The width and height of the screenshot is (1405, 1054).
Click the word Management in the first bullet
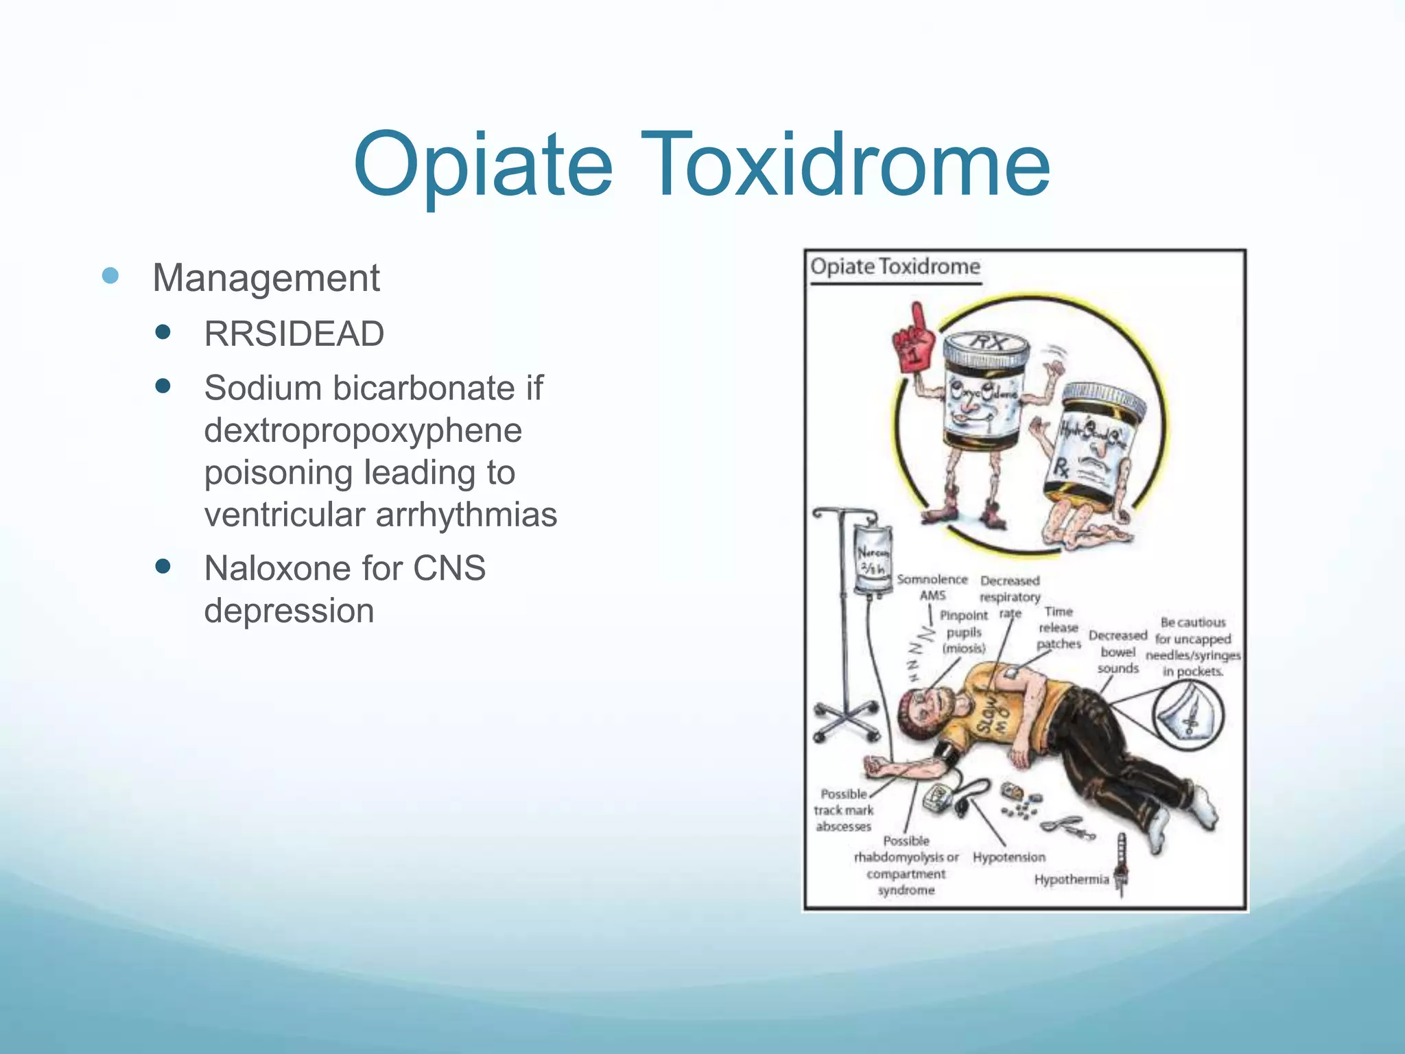[265, 278]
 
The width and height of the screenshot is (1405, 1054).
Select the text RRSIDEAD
[294, 334]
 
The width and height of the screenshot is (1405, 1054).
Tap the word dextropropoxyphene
[363, 430]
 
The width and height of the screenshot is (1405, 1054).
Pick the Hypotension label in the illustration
[1008, 857]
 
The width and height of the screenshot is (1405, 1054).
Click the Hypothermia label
[1071, 879]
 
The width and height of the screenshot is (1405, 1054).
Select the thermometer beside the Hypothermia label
[1122, 865]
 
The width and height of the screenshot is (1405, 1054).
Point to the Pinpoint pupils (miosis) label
[964, 632]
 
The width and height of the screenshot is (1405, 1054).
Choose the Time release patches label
[1059, 627]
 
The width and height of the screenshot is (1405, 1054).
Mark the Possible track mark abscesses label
[843, 810]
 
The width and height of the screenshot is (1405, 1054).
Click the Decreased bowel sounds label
[1118, 652]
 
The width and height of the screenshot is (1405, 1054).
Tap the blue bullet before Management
[110, 277]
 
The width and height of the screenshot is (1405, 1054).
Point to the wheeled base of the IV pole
[846, 721]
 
